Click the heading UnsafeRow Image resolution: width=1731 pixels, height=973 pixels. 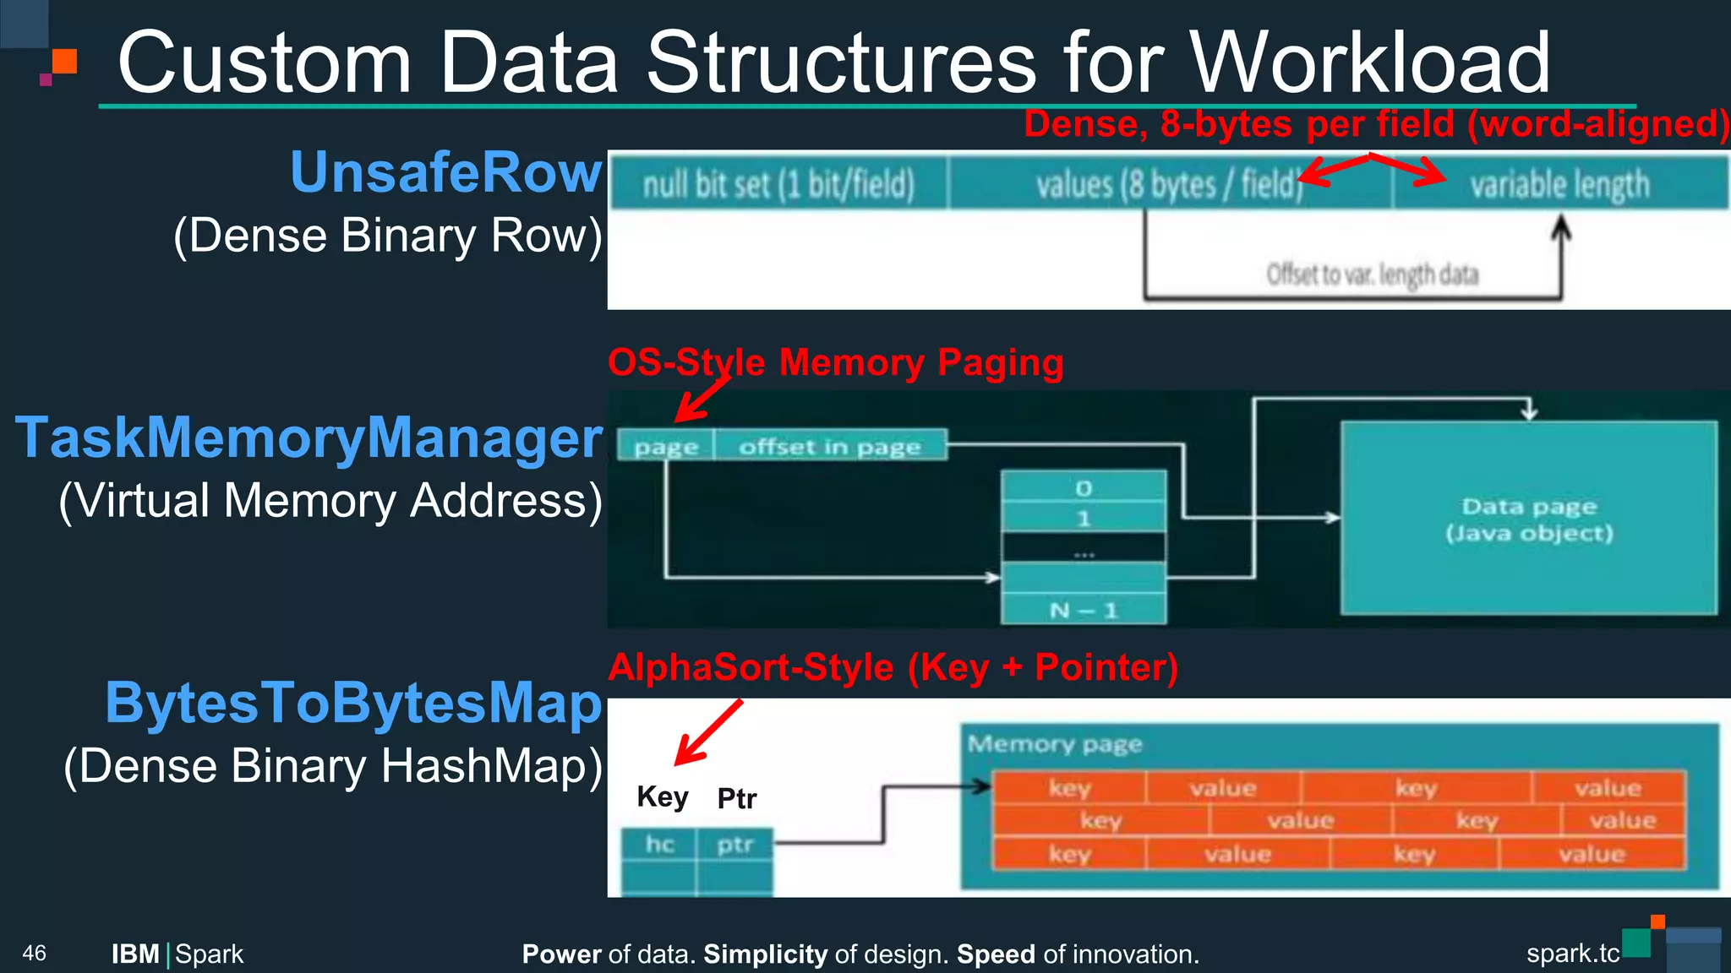445,173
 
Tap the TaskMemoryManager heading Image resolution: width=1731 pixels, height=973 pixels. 309,438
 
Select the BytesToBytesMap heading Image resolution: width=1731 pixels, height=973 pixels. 353,704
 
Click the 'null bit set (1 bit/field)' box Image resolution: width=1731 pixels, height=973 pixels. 778,184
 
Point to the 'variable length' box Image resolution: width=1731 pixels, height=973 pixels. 1559,184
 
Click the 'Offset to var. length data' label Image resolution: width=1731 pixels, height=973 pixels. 1372,275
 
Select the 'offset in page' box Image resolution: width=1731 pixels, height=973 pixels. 829,446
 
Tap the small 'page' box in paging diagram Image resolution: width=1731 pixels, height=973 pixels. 666,446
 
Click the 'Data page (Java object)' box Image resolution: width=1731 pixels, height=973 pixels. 1528,519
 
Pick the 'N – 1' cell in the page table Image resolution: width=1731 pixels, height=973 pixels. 1084,610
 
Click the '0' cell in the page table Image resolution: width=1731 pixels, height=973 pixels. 1084,488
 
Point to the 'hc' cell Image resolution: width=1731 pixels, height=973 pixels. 659,844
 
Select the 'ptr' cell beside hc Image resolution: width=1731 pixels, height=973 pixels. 734,844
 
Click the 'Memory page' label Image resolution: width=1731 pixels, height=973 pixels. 1054,744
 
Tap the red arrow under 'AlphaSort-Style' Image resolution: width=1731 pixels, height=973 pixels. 708,732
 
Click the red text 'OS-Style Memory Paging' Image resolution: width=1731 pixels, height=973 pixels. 835,363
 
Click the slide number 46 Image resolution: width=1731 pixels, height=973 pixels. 35,954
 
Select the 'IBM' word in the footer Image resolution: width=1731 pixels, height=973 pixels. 135,954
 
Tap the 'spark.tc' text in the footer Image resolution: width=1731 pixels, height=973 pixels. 1572,954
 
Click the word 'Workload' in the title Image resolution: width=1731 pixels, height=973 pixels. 1369,63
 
